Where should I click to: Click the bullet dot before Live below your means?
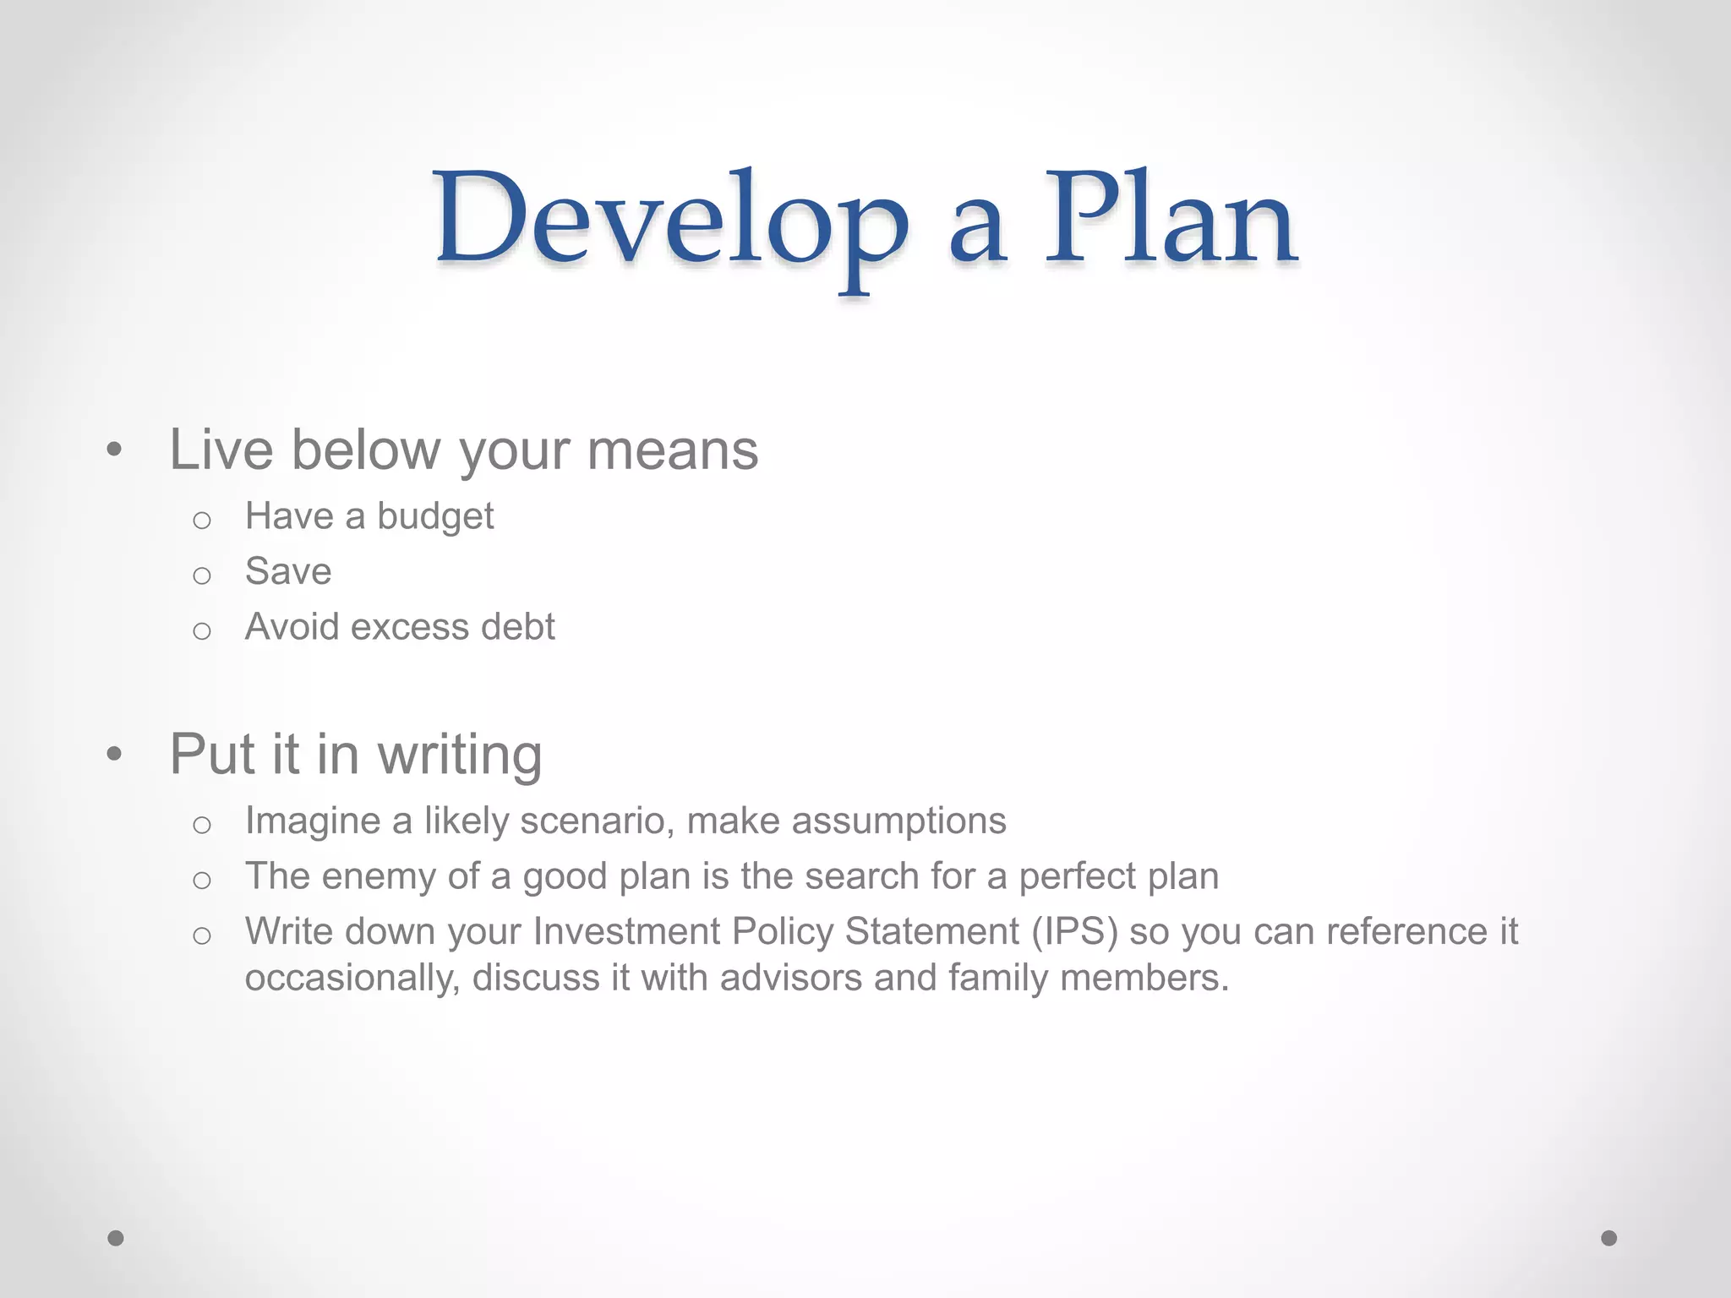tap(115, 450)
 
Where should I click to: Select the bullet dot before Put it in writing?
tap(115, 755)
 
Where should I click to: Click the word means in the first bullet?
tap(673, 450)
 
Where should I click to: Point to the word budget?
tap(435, 517)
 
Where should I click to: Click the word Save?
tap(288, 571)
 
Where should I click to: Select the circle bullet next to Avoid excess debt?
tap(201, 630)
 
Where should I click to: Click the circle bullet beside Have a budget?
tap(201, 520)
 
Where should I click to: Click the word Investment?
tap(626, 931)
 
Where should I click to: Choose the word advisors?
tap(791, 978)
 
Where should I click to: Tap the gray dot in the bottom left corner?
tap(116, 1238)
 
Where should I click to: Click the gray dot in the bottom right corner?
tap(1609, 1238)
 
